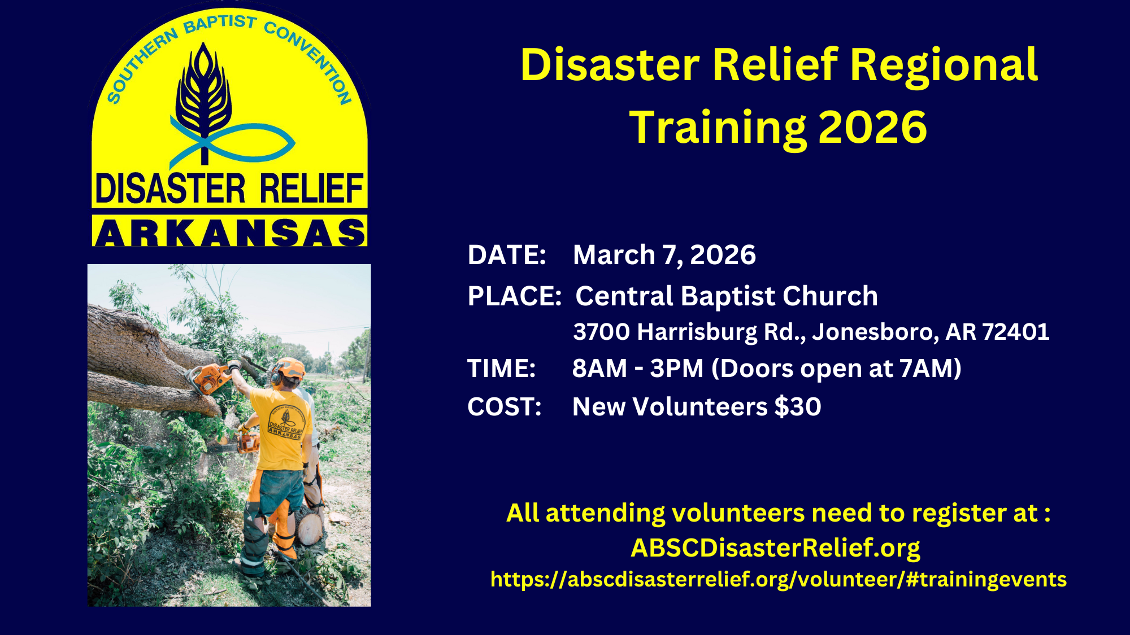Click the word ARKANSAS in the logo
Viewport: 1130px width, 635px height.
[x=230, y=231]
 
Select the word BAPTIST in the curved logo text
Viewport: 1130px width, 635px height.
[x=220, y=24]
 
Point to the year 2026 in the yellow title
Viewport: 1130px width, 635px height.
[x=872, y=128]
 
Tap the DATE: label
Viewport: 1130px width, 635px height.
[x=507, y=255]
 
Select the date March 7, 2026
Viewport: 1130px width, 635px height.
[x=664, y=255]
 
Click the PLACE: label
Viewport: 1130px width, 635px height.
[x=515, y=296]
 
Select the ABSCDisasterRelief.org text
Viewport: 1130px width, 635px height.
[x=775, y=548]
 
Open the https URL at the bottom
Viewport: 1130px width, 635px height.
[x=779, y=580]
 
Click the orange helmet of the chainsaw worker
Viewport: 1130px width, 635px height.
[x=290, y=368]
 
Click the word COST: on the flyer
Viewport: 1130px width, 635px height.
[x=505, y=407]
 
